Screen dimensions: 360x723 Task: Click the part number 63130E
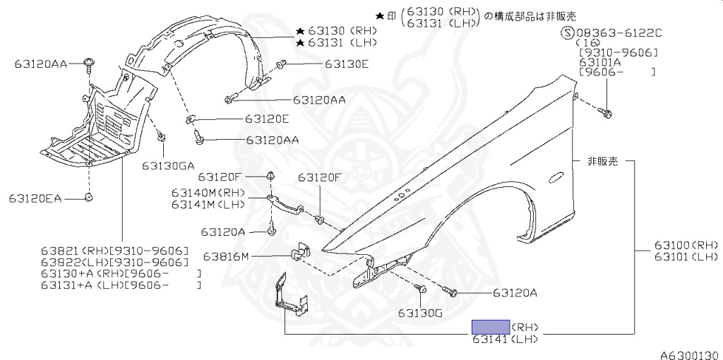(347, 64)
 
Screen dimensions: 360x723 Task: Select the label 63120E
(268, 119)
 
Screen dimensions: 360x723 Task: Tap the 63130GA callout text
(167, 167)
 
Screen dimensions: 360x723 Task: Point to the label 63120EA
(35, 199)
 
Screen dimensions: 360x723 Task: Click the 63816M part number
(226, 256)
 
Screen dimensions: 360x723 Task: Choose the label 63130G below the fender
(419, 313)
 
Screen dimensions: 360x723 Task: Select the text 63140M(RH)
(207, 193)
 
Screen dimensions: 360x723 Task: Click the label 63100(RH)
(686, 245)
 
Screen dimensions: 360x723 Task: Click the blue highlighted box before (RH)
(491, 327)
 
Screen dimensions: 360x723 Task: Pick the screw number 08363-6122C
(621, 33)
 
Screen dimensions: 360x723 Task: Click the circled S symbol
(567, 33)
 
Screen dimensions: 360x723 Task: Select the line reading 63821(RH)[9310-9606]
(114, 251)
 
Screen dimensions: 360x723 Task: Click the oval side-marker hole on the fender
(555, 177)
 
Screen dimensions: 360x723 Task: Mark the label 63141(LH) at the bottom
(506, 340)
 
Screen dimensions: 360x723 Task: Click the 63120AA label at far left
(40, 64)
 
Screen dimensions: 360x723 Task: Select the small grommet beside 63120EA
(89, 197)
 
